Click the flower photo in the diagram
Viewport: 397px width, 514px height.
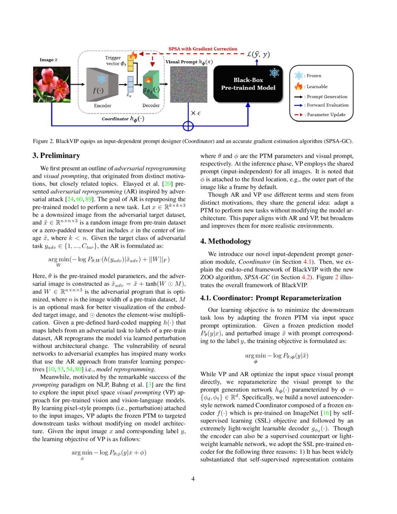tap(51, 84)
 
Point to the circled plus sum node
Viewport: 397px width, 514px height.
tap(188, 126)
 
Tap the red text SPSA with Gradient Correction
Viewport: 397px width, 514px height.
tap(203, 49)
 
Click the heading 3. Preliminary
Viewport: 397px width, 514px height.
tap(60, 156)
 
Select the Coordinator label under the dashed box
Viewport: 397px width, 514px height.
tap(123, 119)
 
